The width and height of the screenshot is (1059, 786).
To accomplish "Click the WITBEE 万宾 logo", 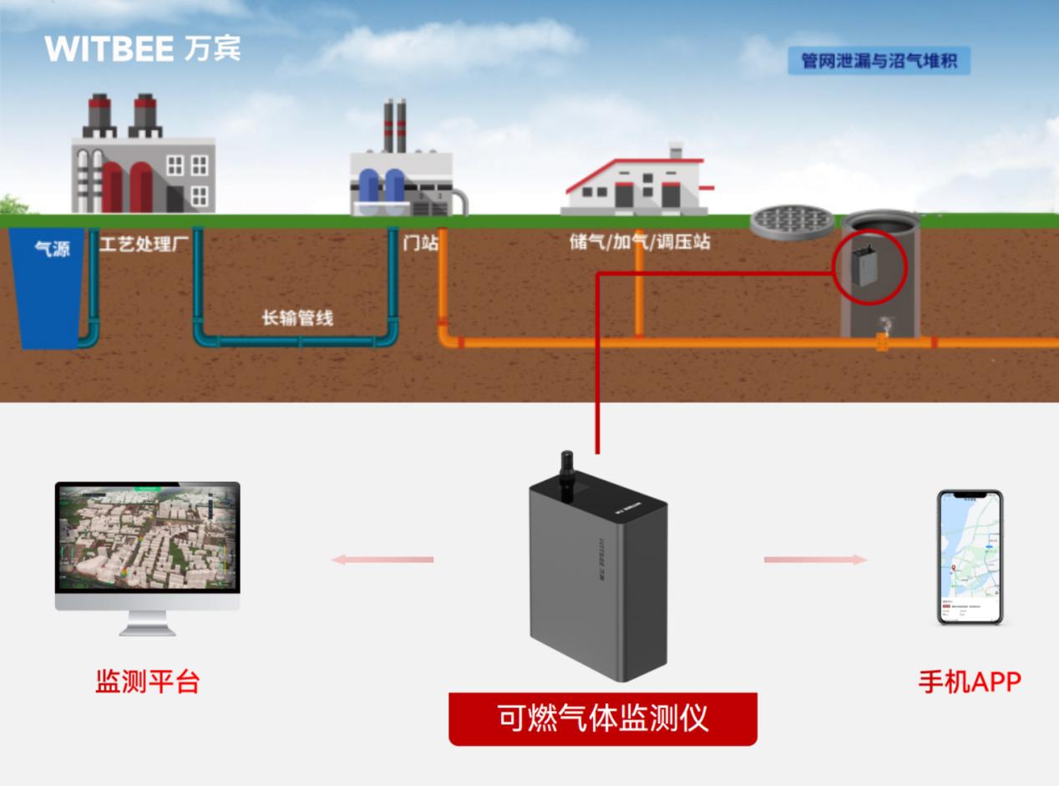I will pos(143,48).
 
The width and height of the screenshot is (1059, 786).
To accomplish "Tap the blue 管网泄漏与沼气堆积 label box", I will pos(879,61).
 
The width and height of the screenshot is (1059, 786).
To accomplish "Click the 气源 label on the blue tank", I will pos(52,248).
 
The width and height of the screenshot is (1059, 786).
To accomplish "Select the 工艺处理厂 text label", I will pos(144,244).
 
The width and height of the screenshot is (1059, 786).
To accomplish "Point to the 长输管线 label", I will pos(297,317).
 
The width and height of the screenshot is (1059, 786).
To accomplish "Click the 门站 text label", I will pos(420,243).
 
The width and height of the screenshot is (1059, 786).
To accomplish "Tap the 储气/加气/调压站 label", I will pos(640,242).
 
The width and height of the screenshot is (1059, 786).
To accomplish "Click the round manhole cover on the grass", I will pos(792,221).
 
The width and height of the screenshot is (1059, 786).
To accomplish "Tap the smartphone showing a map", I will pos(970,557).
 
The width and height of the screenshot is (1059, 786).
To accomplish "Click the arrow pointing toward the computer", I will pos(383,560).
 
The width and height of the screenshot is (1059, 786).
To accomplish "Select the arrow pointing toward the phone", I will pos(815,560).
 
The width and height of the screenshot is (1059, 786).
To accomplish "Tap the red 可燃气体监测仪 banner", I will pos(602,718).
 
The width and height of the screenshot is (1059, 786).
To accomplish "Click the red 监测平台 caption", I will pos(148,682).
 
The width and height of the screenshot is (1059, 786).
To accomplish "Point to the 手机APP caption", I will pos(970,682).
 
